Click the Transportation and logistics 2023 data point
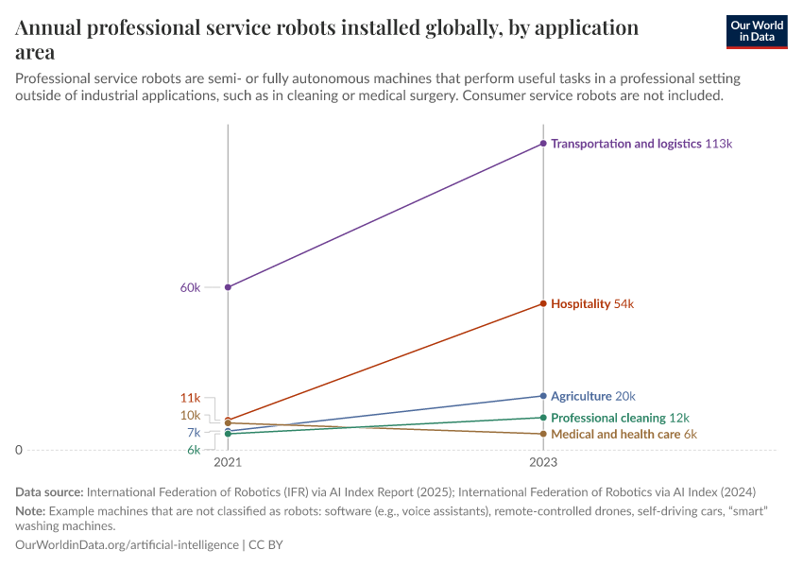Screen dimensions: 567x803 [543, 144]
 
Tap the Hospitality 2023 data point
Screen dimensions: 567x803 [543, 303]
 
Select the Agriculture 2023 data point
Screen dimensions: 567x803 [543, 396]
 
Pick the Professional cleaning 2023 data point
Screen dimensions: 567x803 [543, 418]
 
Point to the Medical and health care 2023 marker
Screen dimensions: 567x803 [543, 434]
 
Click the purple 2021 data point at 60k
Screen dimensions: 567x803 [228, 287]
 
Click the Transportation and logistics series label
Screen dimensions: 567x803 [625, 144]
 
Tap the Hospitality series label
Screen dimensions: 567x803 [581, 304]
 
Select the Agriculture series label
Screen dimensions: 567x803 [581, 396]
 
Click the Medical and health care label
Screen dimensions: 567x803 [615, 435]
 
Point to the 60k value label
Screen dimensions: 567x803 [190, 287]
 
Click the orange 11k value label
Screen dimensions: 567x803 [190, 398]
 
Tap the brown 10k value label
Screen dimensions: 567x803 [190, 415]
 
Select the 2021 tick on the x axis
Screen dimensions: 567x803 [228, 463]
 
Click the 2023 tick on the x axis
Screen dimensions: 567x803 [543, 463]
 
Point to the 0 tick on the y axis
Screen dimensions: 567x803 [19, 451]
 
